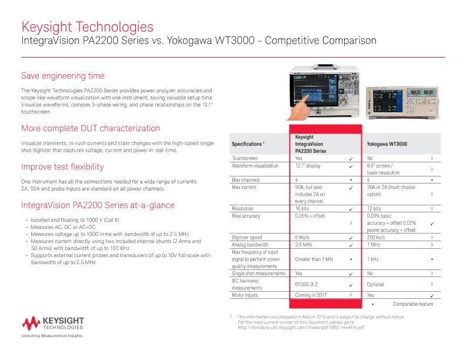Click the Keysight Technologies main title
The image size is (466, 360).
[x=87, y=27]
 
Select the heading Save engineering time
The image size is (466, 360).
[x=63, y=76]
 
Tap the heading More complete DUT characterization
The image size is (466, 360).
[x=91, y=128]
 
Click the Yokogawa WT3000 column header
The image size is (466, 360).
[x=387, y=144]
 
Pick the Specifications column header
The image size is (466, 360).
[x=251, y=144]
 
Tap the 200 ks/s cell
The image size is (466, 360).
[x=377, y=237]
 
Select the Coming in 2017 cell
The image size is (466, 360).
[x=312, y=295]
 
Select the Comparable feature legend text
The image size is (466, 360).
[x=412, y=304]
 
